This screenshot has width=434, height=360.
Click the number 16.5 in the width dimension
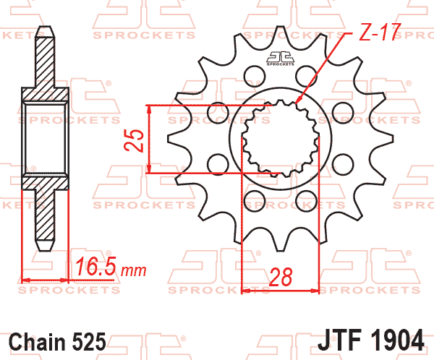[x=95, y=269]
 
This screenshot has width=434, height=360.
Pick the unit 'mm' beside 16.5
[x=134, y=271]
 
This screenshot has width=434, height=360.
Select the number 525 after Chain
[x=90, y=340]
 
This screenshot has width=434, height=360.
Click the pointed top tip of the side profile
[x=46, y=30]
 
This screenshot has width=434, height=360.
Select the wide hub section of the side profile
[x=46, y=137]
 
